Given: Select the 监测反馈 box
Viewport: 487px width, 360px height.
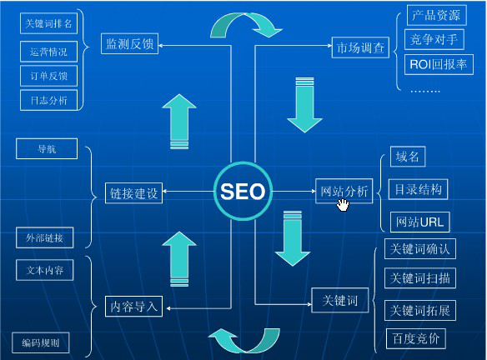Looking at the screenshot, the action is coord(129,44).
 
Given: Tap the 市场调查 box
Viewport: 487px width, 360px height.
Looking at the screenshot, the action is coord(360,47).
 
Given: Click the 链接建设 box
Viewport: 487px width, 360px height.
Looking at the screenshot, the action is coord(134,193).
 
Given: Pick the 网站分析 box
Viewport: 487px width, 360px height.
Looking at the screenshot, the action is coord(344,191).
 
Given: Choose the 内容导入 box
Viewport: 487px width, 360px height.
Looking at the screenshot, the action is coord(134,307).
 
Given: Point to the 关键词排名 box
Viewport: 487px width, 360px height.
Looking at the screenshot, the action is coord(48,23).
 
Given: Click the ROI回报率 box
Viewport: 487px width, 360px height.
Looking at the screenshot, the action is coord(439,64).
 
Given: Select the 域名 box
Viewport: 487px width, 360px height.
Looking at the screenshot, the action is coord(408,157).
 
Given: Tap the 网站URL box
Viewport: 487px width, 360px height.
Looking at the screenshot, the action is coord(420,222).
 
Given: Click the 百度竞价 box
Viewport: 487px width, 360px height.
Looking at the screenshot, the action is coord(416,338).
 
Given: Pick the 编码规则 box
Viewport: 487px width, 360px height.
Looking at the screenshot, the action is coord(41,343).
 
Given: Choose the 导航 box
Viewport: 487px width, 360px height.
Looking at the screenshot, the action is coord(47,148).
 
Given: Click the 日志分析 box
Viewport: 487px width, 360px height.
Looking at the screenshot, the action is coord(48,100).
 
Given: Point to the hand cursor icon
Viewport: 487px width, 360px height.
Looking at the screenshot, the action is coord(343,206).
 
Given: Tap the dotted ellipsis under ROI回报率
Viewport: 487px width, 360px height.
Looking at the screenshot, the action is coord(425,91).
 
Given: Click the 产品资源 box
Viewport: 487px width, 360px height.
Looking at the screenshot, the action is coord(436,15).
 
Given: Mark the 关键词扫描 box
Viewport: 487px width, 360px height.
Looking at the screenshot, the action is coord(420,278).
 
